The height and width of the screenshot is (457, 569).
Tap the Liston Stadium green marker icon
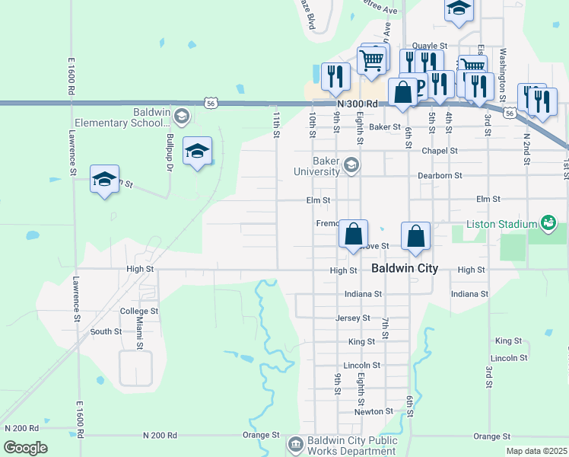(548, 223)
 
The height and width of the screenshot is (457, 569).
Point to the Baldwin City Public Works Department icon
(296, 443)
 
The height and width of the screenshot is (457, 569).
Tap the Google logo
(25, 448)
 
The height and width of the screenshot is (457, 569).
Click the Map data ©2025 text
(536, 451)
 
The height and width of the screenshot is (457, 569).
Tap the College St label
(138, 312)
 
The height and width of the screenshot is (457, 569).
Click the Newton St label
(374, 411)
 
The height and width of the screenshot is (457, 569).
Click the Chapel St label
(440, 151)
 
